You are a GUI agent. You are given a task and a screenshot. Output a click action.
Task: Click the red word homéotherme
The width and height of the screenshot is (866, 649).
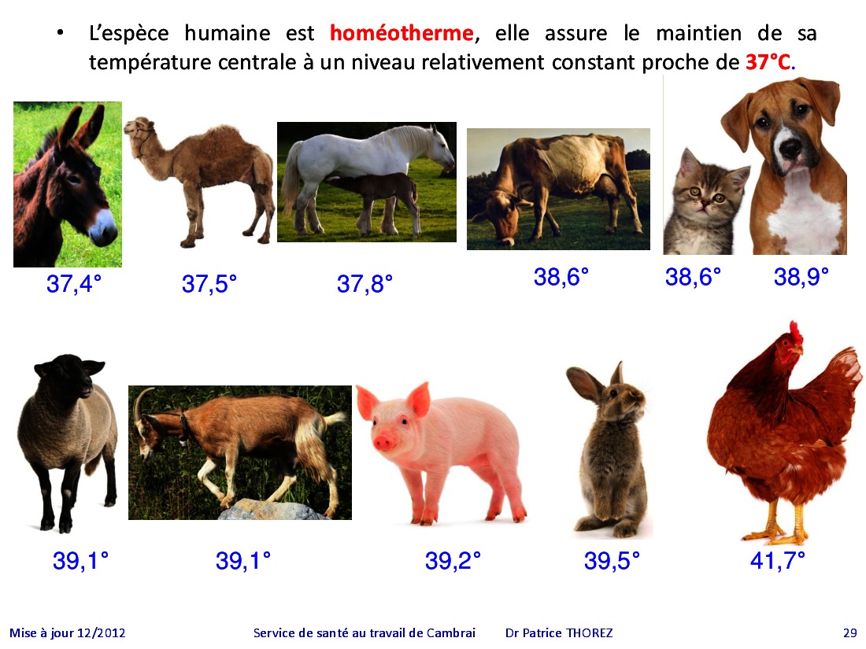[x=402, y=33]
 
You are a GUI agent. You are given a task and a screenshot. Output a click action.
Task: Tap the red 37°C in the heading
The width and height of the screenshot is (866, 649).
[x=768, y=62]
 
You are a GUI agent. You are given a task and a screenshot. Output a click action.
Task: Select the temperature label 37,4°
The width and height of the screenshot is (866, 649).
[x=74, y=284]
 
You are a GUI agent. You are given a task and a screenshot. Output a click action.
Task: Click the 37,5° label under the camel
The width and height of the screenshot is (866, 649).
[x=209, y=284]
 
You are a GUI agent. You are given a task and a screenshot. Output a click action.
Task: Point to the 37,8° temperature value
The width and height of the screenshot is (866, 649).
[x=365, y=284]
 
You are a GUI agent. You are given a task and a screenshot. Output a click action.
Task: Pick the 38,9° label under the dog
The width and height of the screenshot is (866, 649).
[x=801, y=276]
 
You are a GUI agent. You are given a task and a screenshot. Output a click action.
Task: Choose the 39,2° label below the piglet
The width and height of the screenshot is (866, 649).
[x=453, y=561]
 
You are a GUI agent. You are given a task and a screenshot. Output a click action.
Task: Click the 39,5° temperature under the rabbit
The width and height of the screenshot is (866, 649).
[x=612, y=561]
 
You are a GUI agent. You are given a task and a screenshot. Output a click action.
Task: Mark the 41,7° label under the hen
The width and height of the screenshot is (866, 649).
[x=778, y=561]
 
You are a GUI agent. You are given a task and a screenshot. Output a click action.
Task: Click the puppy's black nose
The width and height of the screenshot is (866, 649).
[x=790, y=147]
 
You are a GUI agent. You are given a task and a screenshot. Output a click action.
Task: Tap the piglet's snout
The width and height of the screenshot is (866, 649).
[x=382, y=442]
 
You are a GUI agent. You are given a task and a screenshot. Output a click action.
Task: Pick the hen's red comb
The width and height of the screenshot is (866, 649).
[x=795, y=332]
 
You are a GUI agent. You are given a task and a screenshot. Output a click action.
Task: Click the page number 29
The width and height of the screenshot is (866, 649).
[x=850, y=633]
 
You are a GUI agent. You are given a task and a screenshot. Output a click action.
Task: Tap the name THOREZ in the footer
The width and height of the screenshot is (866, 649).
[x=590, y=633]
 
